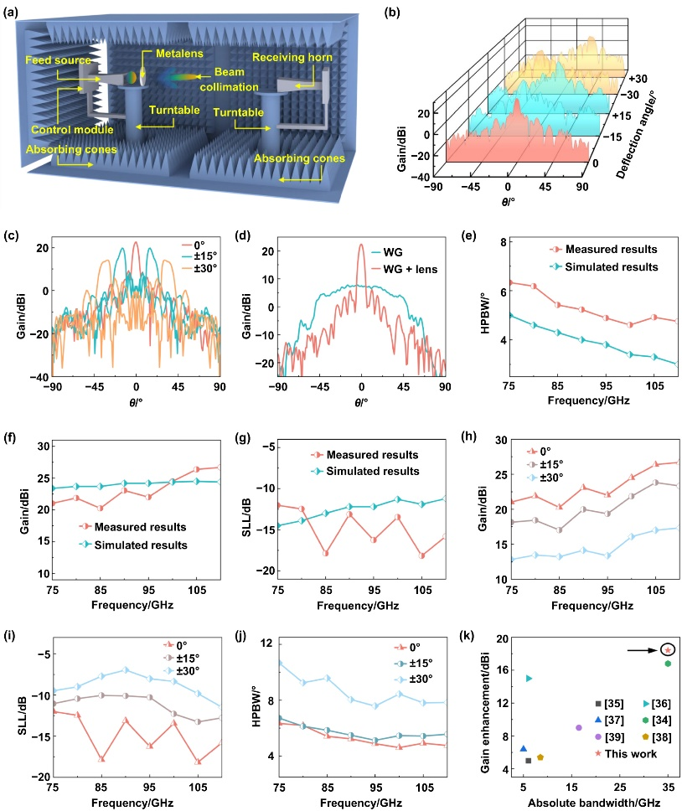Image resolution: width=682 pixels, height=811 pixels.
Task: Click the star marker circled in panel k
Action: [x=668, y=649]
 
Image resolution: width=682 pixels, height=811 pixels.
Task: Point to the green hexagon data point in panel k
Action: [x=668, y=664]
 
